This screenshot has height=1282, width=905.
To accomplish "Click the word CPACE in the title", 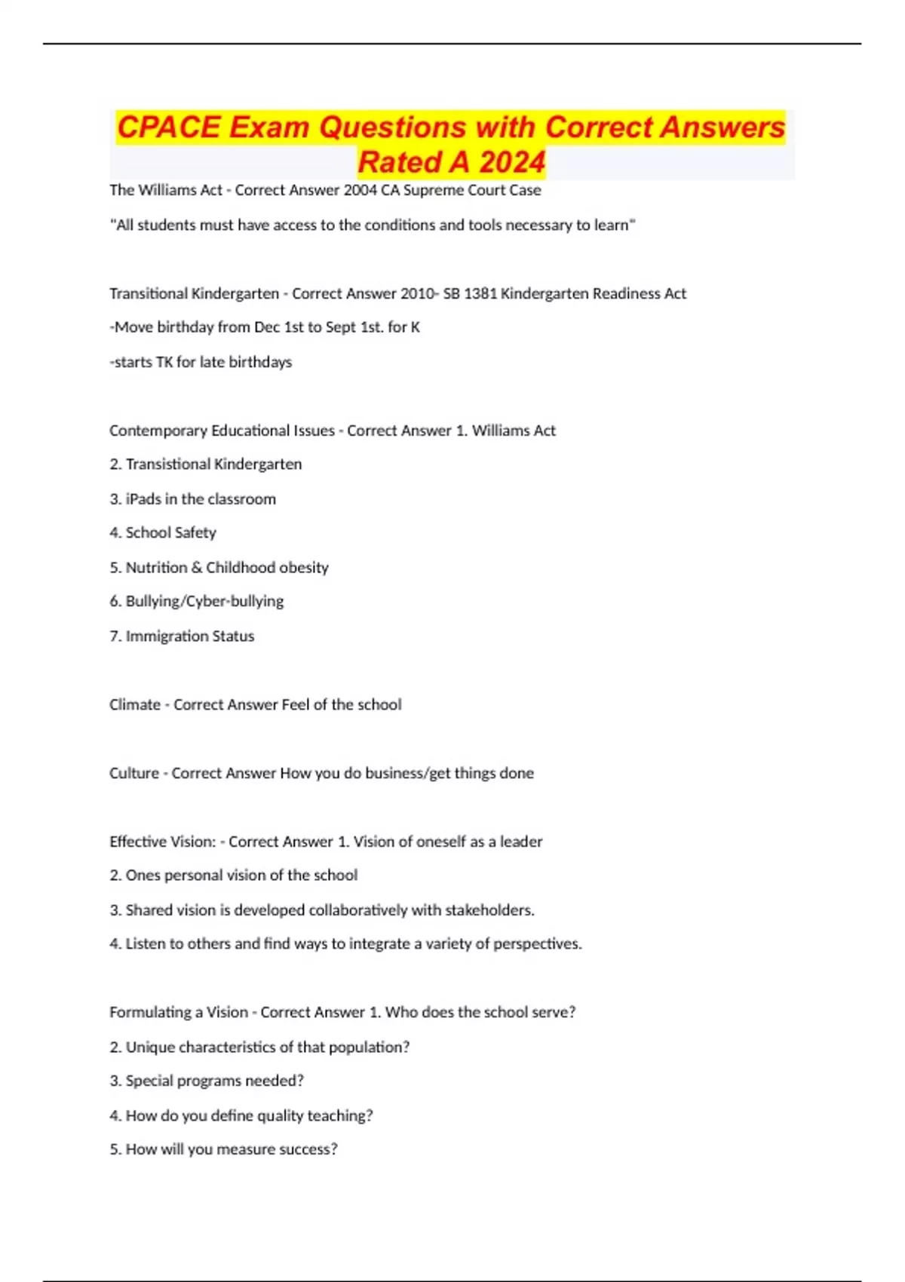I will tap(168, 127).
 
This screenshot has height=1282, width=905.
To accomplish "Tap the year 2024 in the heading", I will tap(511, 162).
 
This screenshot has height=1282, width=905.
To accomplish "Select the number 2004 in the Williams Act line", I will tap(360, 190).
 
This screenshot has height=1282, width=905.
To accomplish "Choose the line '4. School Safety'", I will tap(163, 532).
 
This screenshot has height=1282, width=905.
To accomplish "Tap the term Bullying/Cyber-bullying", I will tap(204, 601).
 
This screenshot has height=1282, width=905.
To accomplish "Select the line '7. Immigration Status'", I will tap(182, 636).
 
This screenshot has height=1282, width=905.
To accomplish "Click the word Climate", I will tap(134, 704).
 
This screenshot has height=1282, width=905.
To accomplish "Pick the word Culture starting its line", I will tap(133, 773).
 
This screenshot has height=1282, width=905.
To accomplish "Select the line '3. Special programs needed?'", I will tap(207, 1081).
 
